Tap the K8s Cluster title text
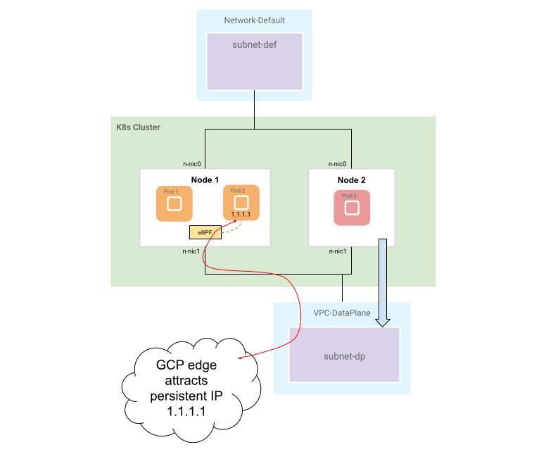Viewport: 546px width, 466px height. [x=138, y=127]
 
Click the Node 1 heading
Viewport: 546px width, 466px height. [x=205, y=180]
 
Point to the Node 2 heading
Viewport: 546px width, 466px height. [x=351, y=180]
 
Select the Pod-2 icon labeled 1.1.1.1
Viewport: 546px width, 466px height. [x=241, y=203]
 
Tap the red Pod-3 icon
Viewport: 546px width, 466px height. [x=351, y=208]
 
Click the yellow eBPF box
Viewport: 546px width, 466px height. [x=205, y=232]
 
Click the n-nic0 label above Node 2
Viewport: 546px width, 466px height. [x=337, y=164]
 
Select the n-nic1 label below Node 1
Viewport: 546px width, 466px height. [x=190, y=251]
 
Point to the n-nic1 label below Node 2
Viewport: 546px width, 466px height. [x=337, y=251]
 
